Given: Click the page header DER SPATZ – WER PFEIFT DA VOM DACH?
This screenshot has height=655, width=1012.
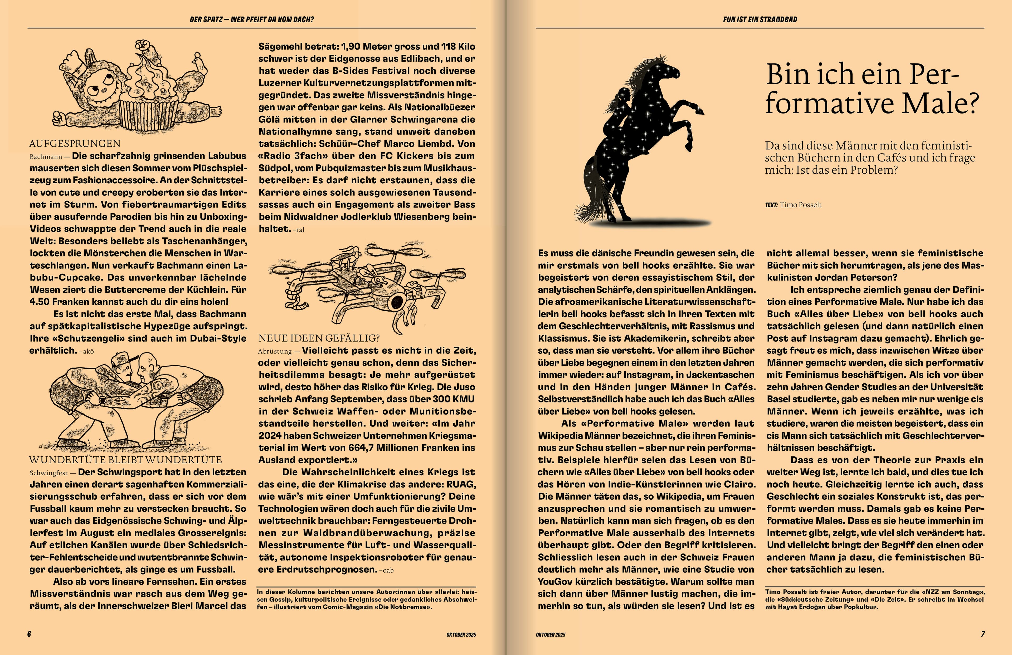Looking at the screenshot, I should click(252, 19).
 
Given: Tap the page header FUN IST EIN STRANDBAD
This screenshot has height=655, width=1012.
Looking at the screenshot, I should click(760, 19).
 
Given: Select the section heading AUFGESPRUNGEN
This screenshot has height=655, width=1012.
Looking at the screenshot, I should click(75, 144).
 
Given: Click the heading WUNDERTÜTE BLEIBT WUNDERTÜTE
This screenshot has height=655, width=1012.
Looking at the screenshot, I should click(125, 460).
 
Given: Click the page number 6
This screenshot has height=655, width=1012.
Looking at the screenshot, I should click(29, 634).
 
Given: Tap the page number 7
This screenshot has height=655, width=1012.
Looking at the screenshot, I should click(983, 634).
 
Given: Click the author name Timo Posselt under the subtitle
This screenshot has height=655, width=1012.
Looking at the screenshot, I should click(800, 205).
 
